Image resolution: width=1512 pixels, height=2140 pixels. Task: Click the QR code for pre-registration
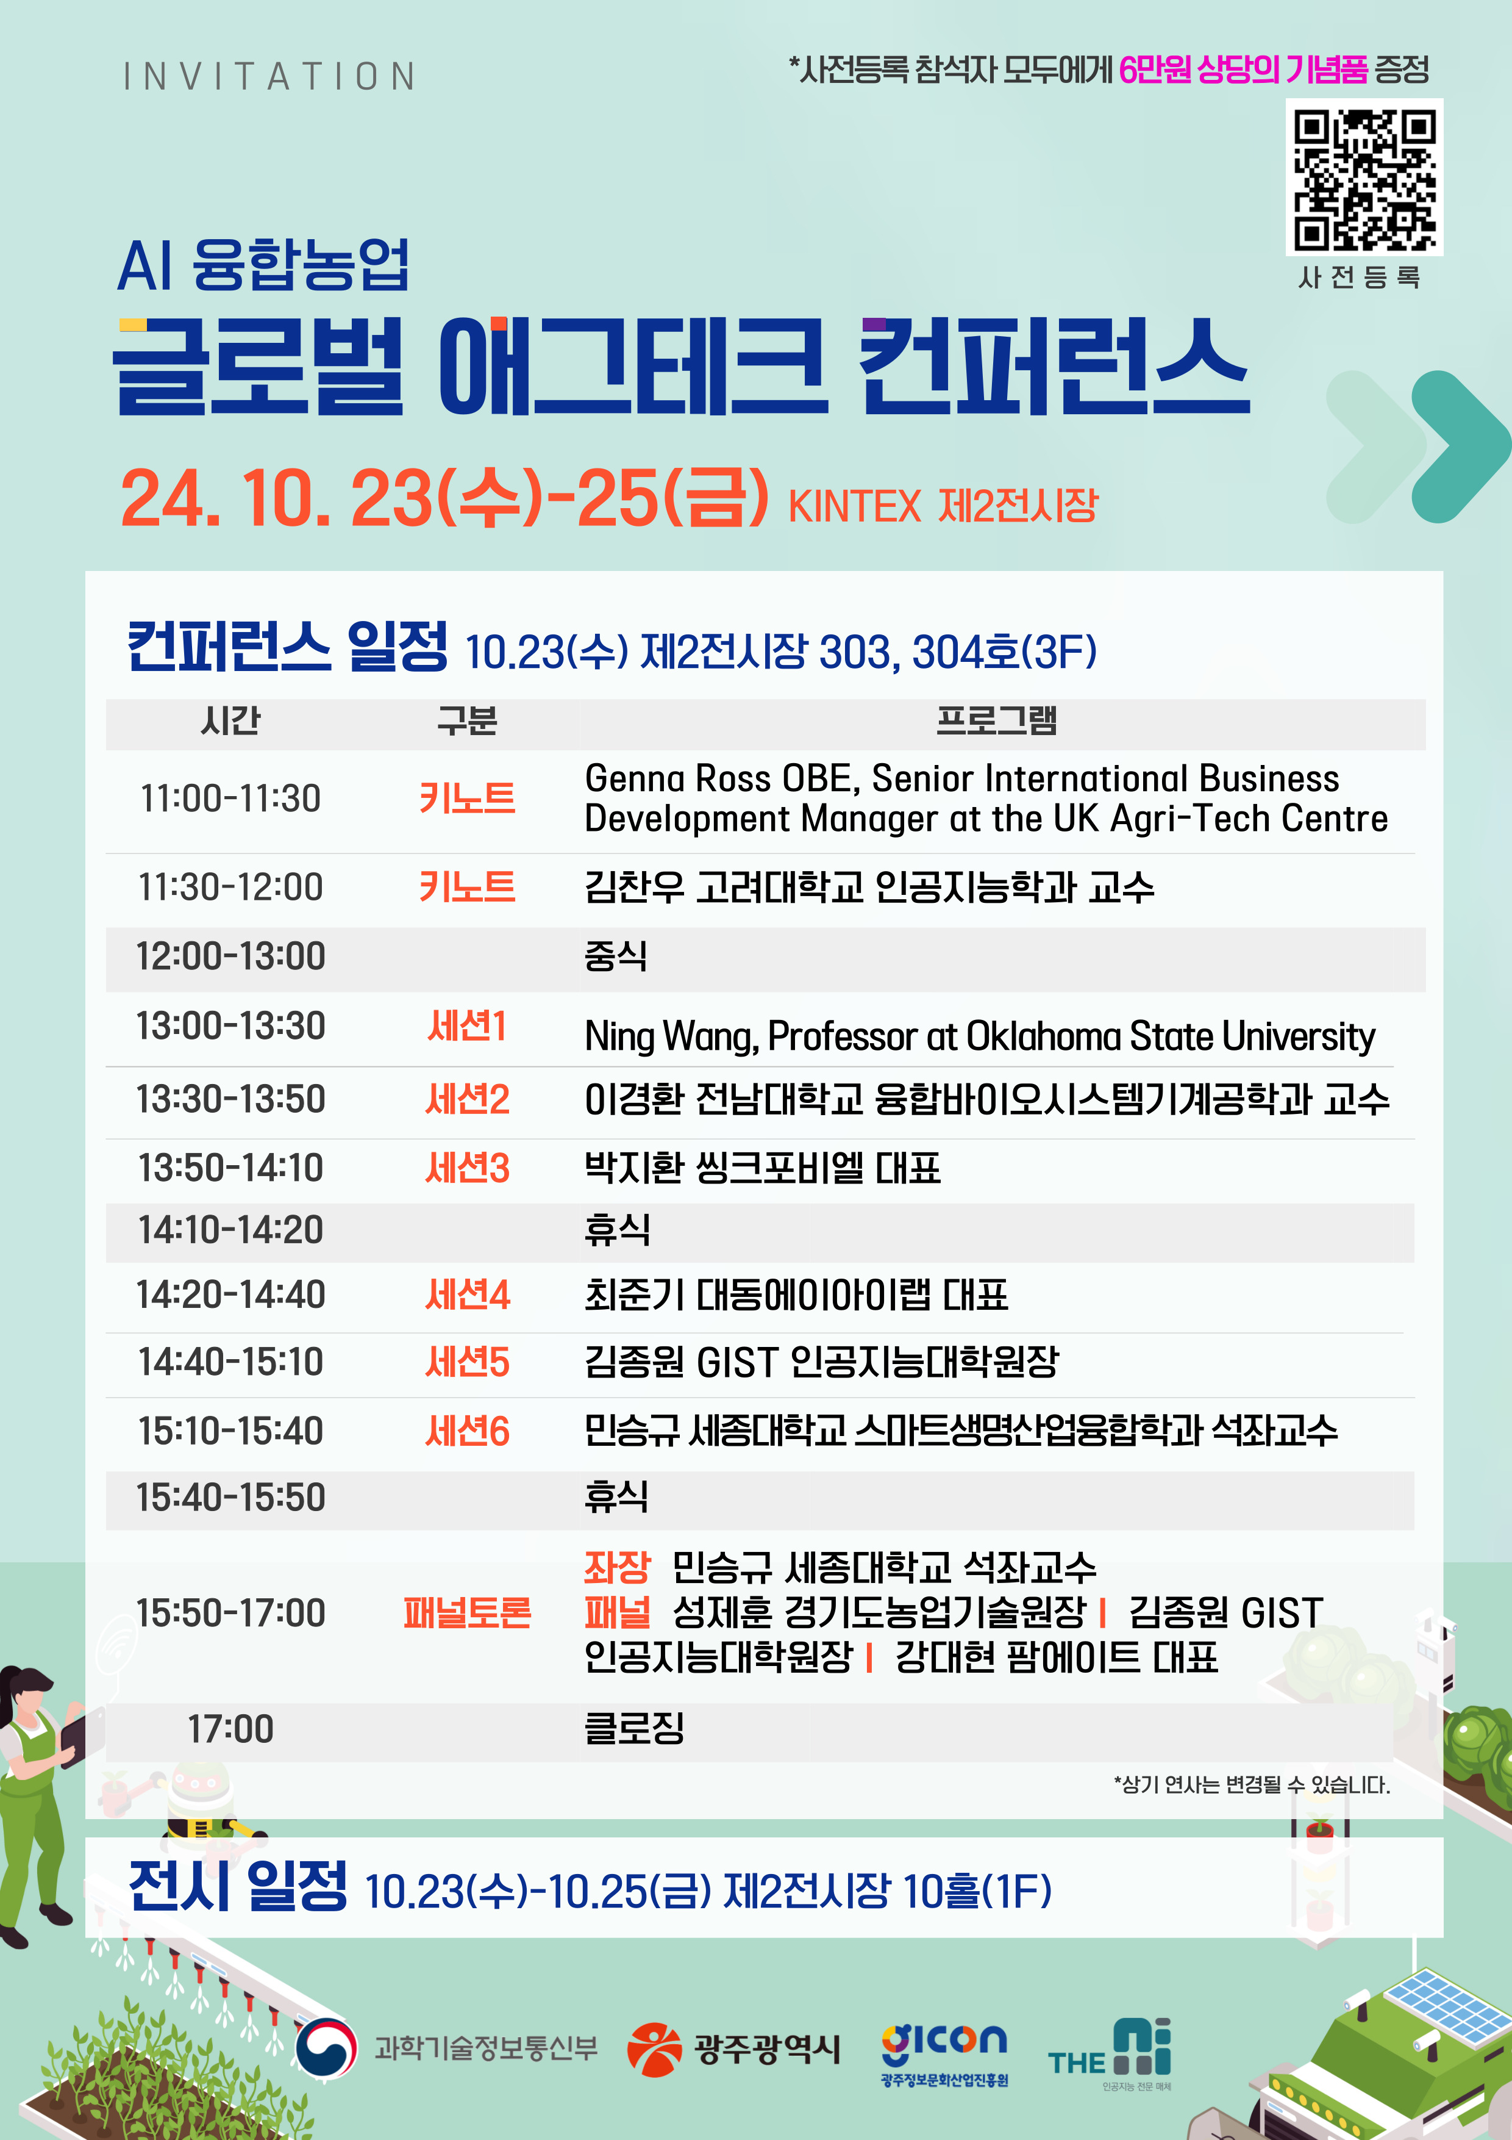click(x=1364, y=177)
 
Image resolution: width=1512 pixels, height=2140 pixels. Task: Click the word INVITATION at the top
click(x=269, y=76)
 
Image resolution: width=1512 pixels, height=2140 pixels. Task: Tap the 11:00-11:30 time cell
click(x=230, y=799)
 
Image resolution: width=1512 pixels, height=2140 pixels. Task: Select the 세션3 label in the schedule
click(x=468, y=1167)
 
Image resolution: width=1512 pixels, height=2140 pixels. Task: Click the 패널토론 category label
click(x=467, y=1612)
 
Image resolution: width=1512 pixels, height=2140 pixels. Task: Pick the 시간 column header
click(x=230, y=720)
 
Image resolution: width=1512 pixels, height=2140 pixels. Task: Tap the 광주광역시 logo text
click(x=767, y=2048)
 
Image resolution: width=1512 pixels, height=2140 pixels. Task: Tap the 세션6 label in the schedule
click(x=468, y=1431)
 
